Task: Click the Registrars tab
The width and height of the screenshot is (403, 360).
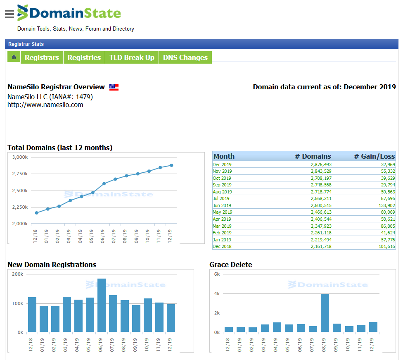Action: coord(42,57)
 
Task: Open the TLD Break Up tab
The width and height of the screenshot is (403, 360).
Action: coord(132,57)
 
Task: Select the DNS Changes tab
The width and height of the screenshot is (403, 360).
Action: coord(185,57)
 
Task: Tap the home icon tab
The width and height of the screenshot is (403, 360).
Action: coord(14,57)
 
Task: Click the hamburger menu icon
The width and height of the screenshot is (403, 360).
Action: coord(9,14)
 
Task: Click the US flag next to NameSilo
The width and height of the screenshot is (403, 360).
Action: coord(114,87)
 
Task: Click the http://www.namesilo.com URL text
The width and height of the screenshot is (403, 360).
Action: coord(45,105)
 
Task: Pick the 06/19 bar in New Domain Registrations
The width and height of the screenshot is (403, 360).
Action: coord(102,305)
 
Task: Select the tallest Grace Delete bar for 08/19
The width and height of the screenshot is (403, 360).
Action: coord(325,313)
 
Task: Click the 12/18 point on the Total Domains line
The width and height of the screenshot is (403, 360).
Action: coord(37,213)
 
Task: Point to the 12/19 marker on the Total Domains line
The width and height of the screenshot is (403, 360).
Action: coord(171,165)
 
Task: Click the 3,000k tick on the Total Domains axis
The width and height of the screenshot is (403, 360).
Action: coord(19,157)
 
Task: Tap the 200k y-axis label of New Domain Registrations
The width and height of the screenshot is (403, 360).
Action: coord(17,274)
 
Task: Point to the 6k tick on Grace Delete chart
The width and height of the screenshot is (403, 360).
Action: coord(217,274)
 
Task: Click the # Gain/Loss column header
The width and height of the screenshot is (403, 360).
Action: coord(374,156)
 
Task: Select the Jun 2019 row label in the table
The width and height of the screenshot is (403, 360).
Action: coord(222,205)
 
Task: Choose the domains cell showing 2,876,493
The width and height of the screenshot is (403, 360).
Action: coord(321,165)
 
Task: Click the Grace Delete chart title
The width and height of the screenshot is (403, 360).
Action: coord(230,265)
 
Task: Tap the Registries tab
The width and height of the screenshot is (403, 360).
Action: coord(84,57)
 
